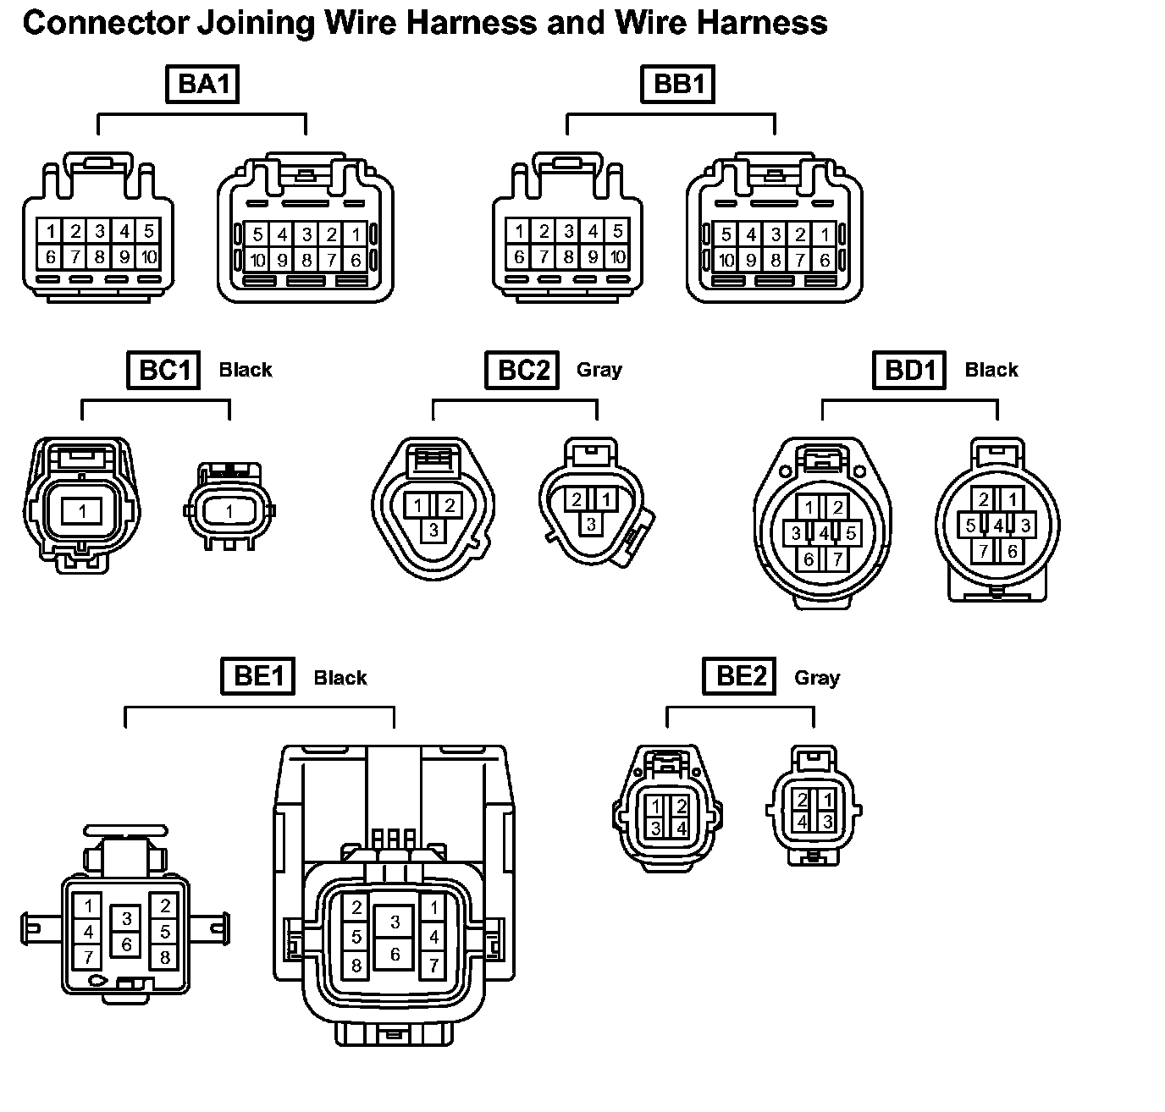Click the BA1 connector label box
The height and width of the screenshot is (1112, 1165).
coord(202,85)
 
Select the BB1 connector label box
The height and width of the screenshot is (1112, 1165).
coord(678,85)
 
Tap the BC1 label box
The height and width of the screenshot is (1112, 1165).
coord(163,371)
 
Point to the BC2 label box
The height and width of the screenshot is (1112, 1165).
coord(522,371)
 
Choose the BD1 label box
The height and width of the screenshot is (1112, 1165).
coord(909,371)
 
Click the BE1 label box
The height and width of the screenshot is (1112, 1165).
coord(257,676)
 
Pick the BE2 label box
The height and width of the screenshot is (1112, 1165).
coord(740,676)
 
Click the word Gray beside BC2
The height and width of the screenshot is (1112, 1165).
coord(599,370)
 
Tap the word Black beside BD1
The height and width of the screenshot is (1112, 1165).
coord(991,370)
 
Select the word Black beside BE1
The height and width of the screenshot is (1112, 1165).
coord(340,678)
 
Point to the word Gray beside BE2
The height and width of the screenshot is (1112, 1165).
coord(817,678)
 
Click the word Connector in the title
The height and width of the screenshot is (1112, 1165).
coord(104,23)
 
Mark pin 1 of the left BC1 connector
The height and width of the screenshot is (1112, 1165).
coord(82,510)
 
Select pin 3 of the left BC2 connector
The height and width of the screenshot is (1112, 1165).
coord(433,530)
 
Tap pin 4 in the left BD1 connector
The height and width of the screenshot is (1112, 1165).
coord(824,533)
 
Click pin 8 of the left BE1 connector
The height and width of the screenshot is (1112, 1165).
coord(165,958)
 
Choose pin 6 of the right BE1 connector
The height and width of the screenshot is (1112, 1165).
coord(395,955)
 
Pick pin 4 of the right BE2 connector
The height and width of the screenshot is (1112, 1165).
coord(802,821)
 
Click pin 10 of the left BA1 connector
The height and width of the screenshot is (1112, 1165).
coord(148,256)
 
